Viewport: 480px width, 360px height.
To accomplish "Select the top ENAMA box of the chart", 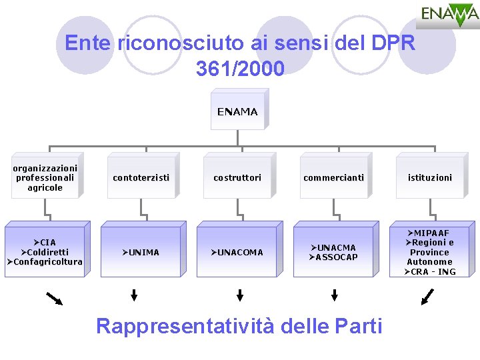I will [x=237, y=112].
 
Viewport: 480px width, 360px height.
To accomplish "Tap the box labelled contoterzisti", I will [x=141, y=177].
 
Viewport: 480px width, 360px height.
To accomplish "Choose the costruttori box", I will [x=237, y=177].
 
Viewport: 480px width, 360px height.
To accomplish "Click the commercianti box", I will [x=333, y=177].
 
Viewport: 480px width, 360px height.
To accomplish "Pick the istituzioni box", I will [x=430, y=177].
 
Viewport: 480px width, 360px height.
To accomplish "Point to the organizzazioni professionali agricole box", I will [x=45, y=178].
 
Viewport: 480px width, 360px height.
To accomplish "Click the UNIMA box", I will [x=141, y=252].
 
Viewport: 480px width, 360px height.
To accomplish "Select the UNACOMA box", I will [x=237, y=252].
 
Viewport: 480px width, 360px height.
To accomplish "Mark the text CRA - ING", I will [x=433, y=271].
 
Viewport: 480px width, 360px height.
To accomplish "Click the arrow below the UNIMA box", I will [x=134, y=295].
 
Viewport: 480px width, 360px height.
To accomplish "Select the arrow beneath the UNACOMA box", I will [x=240, y=295].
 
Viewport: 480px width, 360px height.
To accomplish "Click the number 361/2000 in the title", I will [x=240, y=68].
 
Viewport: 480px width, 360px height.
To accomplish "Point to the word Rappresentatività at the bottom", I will [x=185, y=326].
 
